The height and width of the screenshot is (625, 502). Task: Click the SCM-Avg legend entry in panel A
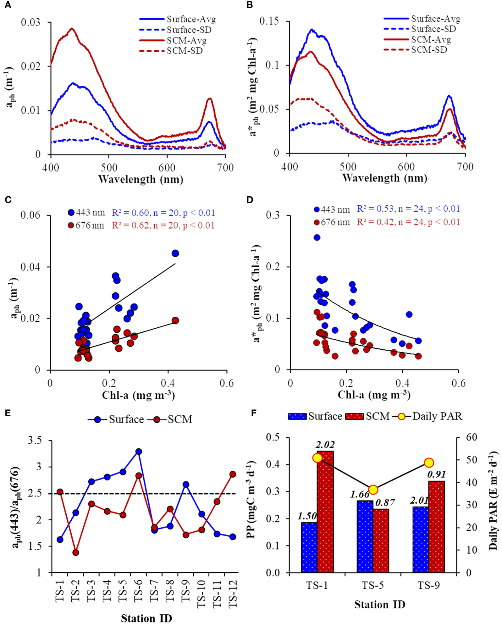pyautogui.click(x=186, y=41)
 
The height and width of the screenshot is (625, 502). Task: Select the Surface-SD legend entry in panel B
pyautogui.click(x=433, y=29)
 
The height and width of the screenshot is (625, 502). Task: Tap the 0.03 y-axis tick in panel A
pyautogui.click(x=30, y=23)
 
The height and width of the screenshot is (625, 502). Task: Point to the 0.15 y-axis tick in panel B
pyautogui.click(x=269, y=21)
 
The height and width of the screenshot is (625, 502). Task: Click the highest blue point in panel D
pyautogui.click(x=317, y=237)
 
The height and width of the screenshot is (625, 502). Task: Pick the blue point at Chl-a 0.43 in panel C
pyautogui.click(x=175, y=253)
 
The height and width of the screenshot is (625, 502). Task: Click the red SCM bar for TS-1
pyautogui.click(x=325, y=512)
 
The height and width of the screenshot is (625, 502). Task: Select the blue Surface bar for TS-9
pyautogui.click(x=421, y=540)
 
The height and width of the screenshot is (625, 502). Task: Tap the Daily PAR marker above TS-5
pyautogui.click(x=373, y=490)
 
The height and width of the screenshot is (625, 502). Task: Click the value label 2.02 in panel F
pyautogui.click(x=325, y=445)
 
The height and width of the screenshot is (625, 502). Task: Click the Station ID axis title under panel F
pyautogui.click(x=380, y=604)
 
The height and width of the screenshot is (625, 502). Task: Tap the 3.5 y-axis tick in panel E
pyautogui.click(x=35, y=440)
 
